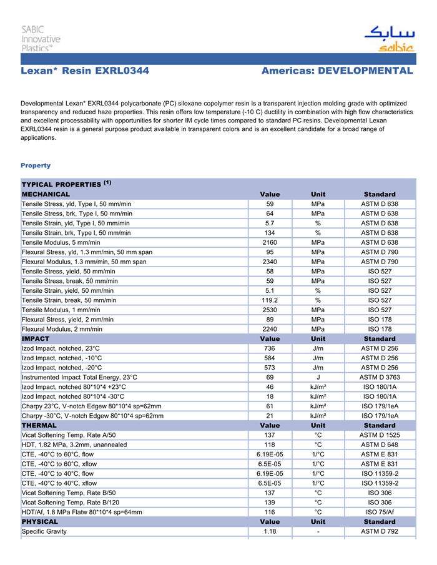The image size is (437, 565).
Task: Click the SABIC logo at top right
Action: click(389, 39)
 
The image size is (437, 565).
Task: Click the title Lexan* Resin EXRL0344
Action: click(85, 71)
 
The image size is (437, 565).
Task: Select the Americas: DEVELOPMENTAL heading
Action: click(337, 71)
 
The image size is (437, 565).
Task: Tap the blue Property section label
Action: click(36, 165)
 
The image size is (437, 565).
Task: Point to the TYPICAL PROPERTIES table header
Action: click(66, 184)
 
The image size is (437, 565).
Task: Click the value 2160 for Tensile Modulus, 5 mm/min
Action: click(270, 242)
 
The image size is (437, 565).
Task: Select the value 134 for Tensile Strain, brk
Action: click(270, 233)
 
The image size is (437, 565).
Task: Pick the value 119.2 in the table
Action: click(270, 300)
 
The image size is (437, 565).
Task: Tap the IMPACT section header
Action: click(36, 339)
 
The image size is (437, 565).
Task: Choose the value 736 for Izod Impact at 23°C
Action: click(270, 348)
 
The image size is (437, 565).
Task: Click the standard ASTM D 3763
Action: click(380, 377)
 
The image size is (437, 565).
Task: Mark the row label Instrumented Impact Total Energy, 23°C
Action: click(79, 377)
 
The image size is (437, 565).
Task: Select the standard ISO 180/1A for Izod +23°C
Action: click(380, 387)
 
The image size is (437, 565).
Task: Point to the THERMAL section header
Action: click(39, 425)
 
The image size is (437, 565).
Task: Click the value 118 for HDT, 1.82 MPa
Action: click(270, 445)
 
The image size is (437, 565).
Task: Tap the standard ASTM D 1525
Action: click(380, 435)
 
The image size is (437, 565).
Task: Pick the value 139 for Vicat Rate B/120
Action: click(270, 503)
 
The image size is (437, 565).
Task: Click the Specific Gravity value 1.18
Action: click(270, 531)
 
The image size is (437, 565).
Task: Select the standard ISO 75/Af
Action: click(380, 512)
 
